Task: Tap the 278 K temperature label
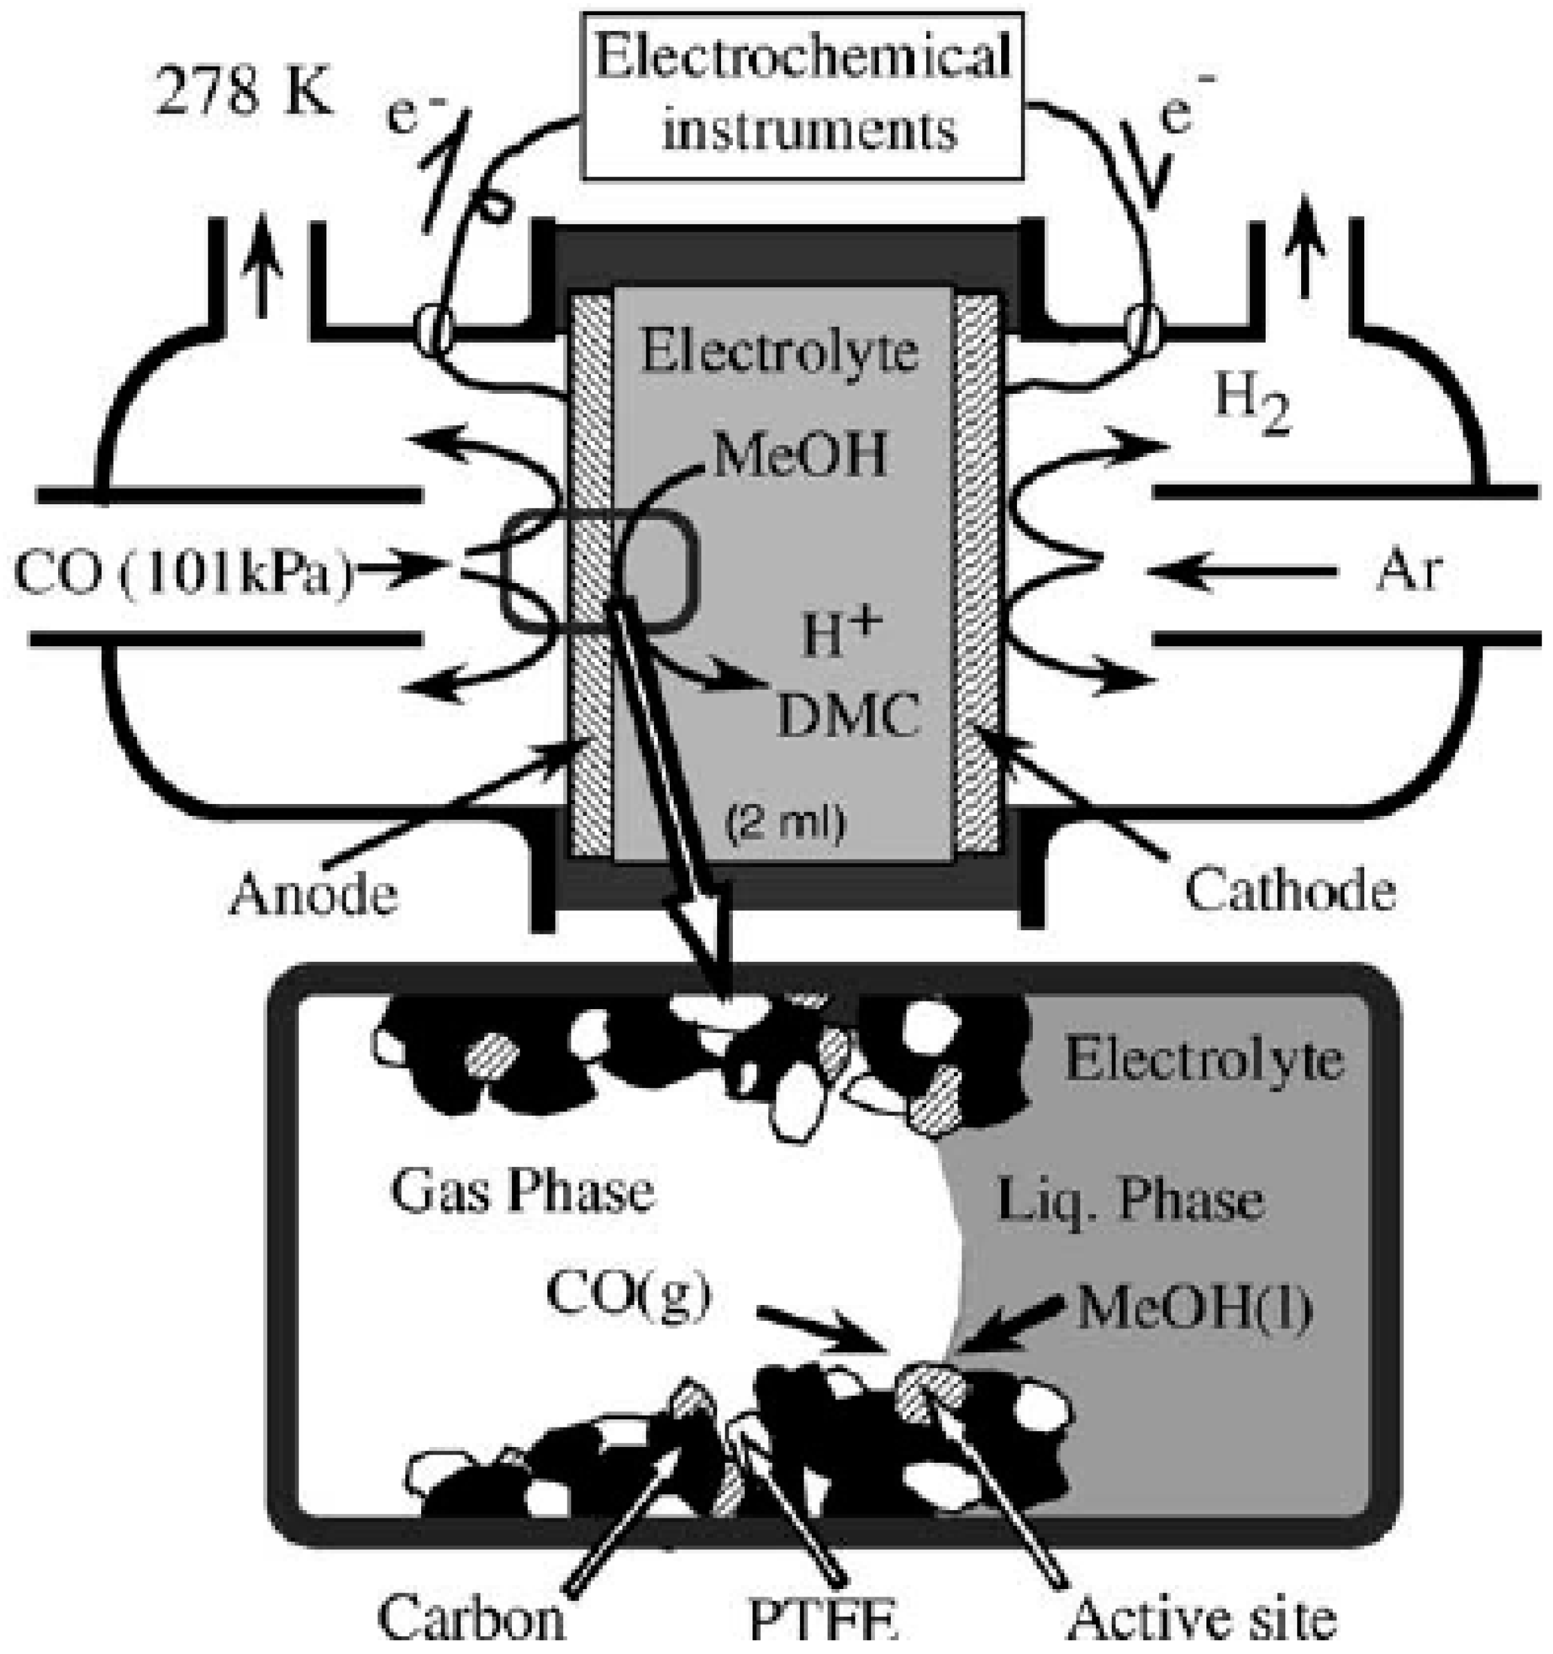[243, 94]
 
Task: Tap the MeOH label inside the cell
[799, 455]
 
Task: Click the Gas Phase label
[522, 1191]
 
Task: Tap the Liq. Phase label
[1130, 1202]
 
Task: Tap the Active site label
[1201, 1618]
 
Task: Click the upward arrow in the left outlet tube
[263, 264]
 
